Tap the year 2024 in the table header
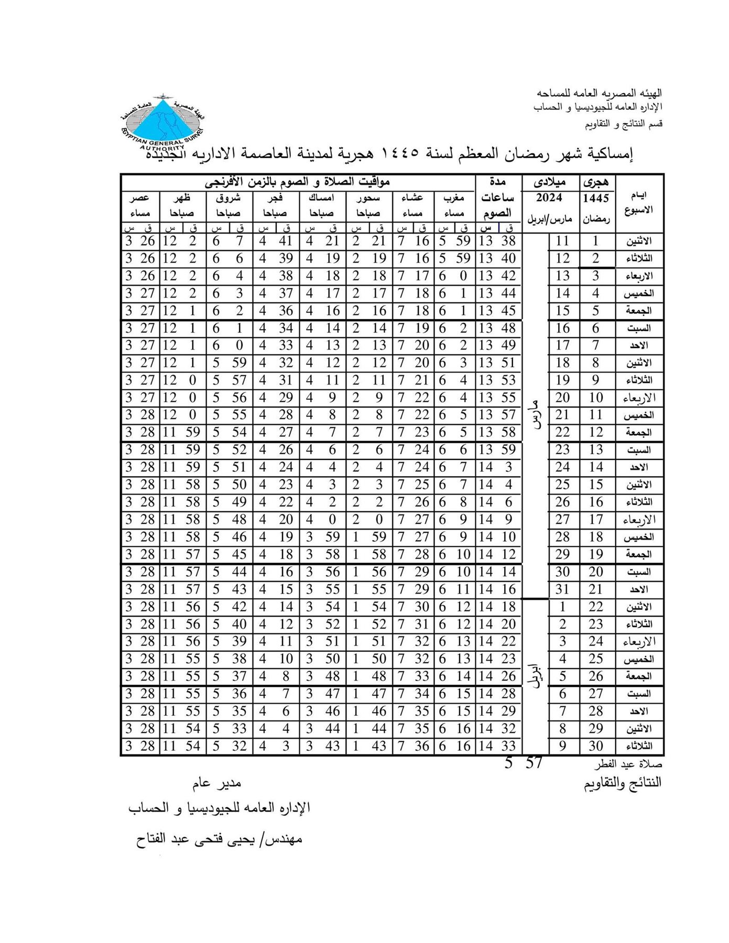(549, 198)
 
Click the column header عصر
(140, 198)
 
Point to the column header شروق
(228, 198)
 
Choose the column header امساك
(321, 198)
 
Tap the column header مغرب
(454, 198)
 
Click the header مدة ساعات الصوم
(497, 198)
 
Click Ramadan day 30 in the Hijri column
(596, 746)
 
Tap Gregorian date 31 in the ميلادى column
(562, 589)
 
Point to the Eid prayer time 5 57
(523, 763)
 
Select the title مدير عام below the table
(216, 783)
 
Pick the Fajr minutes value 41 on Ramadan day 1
(286, 241)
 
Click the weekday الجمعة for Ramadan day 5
(639, 311)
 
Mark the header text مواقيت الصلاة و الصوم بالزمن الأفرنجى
(297, 182)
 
